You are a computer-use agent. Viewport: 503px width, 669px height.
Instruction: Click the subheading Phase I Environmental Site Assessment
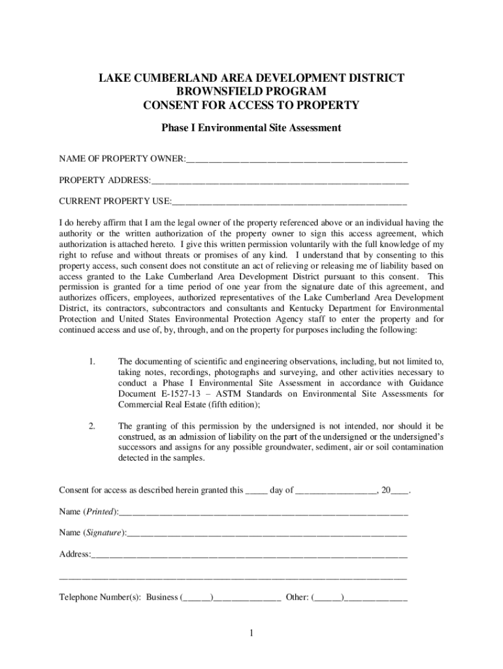[252, 128]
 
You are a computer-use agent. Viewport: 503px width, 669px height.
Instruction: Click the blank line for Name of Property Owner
[297, 159]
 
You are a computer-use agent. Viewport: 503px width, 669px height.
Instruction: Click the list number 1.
[93, 361]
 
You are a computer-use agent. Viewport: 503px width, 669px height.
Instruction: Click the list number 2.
[93, 425]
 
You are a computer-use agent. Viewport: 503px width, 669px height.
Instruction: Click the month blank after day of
[336, 491]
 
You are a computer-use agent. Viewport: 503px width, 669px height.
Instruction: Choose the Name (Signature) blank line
[267, 533]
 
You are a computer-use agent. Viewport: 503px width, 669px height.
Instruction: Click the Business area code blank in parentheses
[197, 597]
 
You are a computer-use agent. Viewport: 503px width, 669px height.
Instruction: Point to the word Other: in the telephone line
[297, 597]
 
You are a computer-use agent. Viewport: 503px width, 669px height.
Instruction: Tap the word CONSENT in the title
[172, 105]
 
